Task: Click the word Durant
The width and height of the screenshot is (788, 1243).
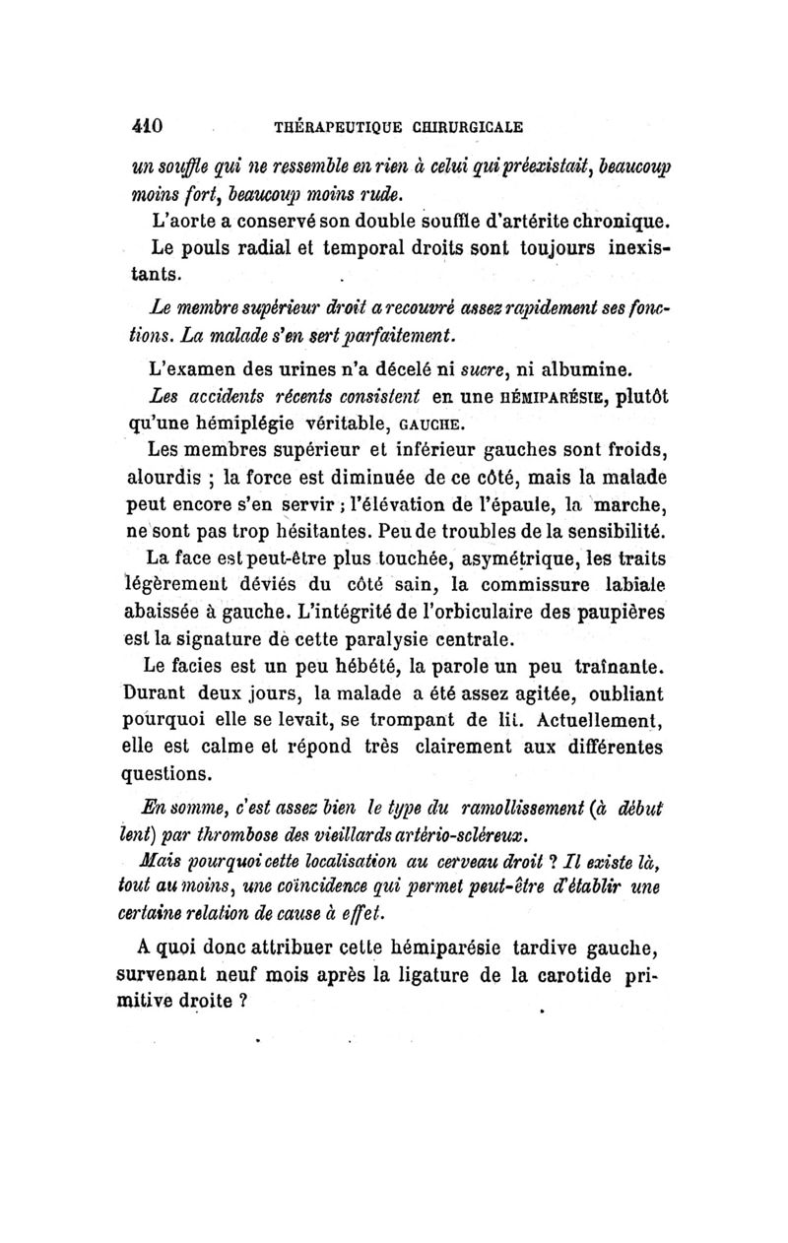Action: tap(154, 691)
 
